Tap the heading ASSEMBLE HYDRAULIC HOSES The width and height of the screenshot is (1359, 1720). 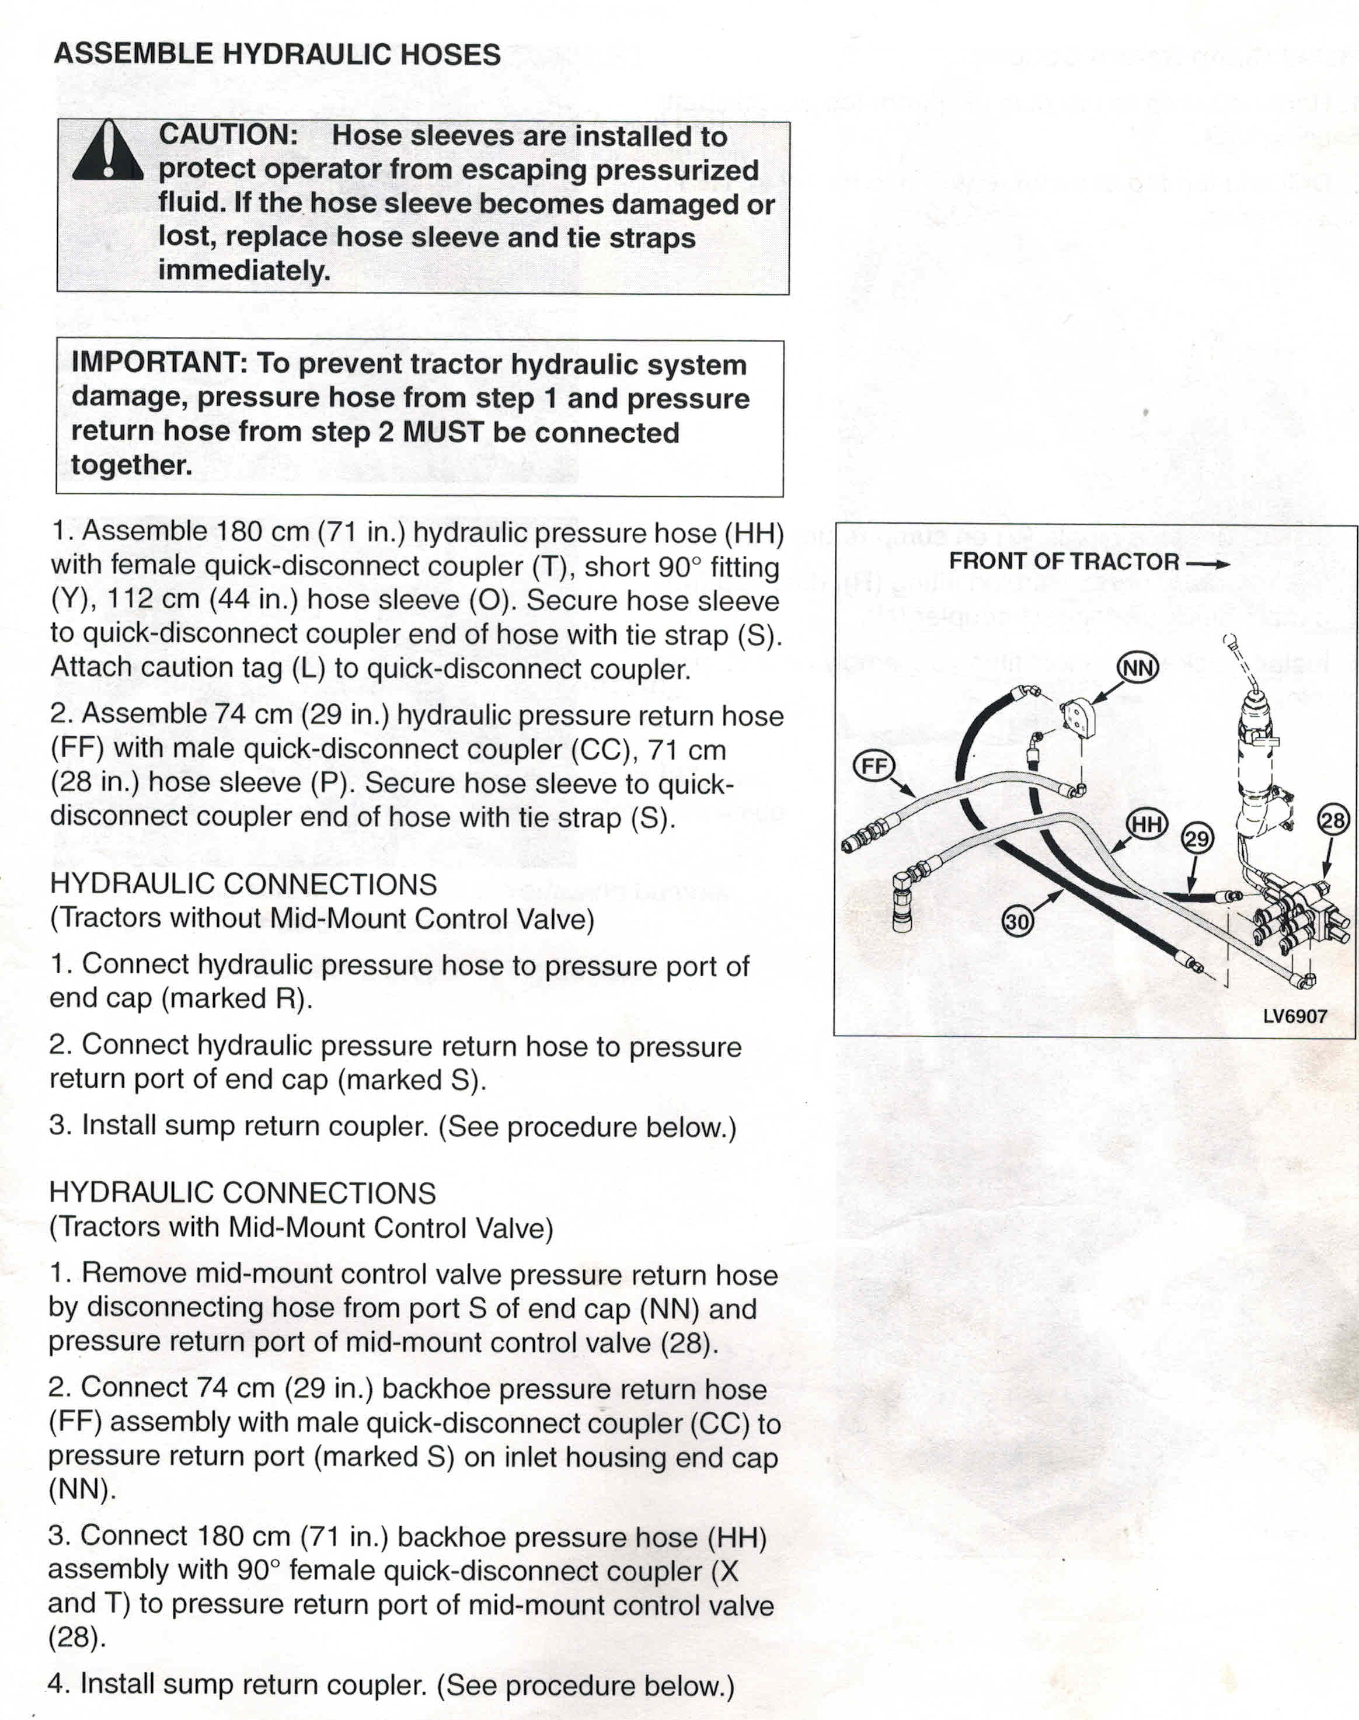coord(277,54)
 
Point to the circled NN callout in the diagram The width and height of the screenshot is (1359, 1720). coord(1137,667)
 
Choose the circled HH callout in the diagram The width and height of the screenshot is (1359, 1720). coord(1147,825)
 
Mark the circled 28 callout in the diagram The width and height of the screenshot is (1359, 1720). coord(1332,820)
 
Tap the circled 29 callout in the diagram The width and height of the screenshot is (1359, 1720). coord(1197,838)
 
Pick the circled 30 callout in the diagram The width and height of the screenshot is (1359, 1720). coord(1017,921)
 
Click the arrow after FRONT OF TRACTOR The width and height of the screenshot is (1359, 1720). coord(1207,562)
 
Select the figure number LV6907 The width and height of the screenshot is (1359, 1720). coord(1295,1016)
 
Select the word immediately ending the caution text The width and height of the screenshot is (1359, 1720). coord(243,270)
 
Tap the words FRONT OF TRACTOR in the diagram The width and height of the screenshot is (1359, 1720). coord(1063,562)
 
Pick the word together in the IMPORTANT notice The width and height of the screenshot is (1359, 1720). coord(131,465)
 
